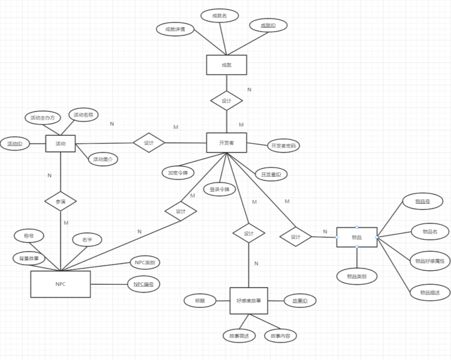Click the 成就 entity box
(x=226, y=65)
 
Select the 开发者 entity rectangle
(x=226, y=143)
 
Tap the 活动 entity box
(x=60, y=143)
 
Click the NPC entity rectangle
(x=60, y=284)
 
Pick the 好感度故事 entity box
(x=249, y=301)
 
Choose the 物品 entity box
(x=356, y=237)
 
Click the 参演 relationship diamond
(x=60, y=202)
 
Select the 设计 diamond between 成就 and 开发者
(x=226, y=101)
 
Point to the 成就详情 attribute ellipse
(x=175, y=29)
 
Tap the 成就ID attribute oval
(x=268, y=25)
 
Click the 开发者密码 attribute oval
(x=283, y=146)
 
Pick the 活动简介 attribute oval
(x=103, y=159)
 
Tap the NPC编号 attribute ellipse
(x=143, y=284)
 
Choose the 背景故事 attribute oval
(x=29, y=258)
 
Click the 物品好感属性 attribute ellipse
(x=429, y=261)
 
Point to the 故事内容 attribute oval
(x=280, y=336)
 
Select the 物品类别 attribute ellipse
(x=356, y=276)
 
